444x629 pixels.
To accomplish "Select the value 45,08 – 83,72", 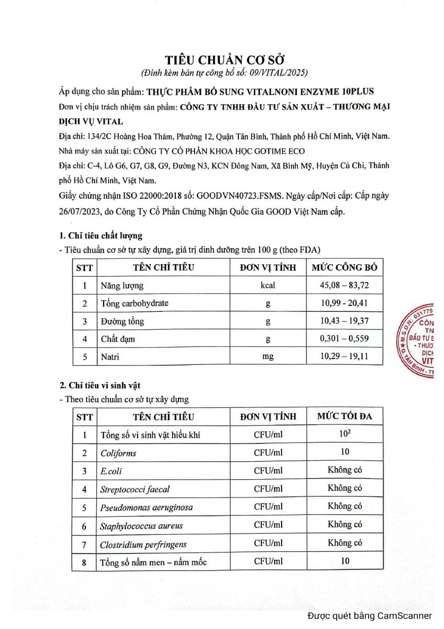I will click(x=344, y=286).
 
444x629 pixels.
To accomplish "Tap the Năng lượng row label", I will click(x=122, y=286).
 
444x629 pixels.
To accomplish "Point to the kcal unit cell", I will click(x=268, y=286).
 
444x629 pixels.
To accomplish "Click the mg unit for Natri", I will click(x=268, y=356).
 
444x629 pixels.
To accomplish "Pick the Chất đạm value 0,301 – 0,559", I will click(x=344, y=339).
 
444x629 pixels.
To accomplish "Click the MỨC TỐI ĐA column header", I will click(x=345, y=416).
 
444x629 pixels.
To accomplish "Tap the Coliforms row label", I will click(x=118, y=453).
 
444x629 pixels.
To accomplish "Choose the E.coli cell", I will click(x=111, y=471).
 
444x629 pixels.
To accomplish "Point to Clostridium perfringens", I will click(x=143, y=544).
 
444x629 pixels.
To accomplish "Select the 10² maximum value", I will click(x=345, y=434).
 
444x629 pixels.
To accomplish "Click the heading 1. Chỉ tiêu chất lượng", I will click(x=101, y=235).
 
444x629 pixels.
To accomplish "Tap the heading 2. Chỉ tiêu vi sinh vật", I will click(x=100, y=386).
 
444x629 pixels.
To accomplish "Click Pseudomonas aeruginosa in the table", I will click(x=146, y=507).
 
